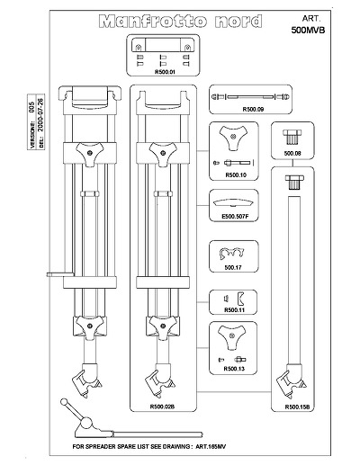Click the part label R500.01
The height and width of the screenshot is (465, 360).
pyautogui.click(x=165, y=72)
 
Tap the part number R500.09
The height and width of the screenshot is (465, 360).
pyautogui.click(x=253, y=110)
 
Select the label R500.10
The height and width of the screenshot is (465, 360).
pyautogui.click(x=236, y=175)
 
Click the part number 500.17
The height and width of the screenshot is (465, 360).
pyautogui.click(x=233, y=267)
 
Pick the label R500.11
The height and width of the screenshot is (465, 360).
pyautogui.click(x=234, y=310)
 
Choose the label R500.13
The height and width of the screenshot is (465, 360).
pyautogui.click(x=234, y=369)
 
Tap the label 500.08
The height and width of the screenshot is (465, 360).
pyautogui.click(x=292, y=154)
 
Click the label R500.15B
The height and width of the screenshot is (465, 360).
pyautogui.click(x=297, y=407)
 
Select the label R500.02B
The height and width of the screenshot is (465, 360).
pyautogui.click(x=162, y=407)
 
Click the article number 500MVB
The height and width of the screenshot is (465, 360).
pyautogui.click(x=308, y=31)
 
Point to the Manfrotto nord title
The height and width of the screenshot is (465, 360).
pyautogui.click(x=180, y=22)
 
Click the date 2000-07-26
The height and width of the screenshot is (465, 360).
pyautogui.click(x=41, y=115)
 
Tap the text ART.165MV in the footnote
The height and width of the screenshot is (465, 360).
pyautogui.click(x=211, y=446)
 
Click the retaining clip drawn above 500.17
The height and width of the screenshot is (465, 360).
pyautogui.click(x=231, y=255)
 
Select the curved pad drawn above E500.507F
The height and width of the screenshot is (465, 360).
pyautogui.click(x=234, y=203)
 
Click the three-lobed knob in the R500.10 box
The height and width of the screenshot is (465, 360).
pyautogui.click(x=233, y=138)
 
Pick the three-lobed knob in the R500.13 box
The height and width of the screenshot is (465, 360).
pyautogui.click(x=231, y=336)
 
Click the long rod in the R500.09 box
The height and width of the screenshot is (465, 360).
pyautogui.click(x=250, y=97)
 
